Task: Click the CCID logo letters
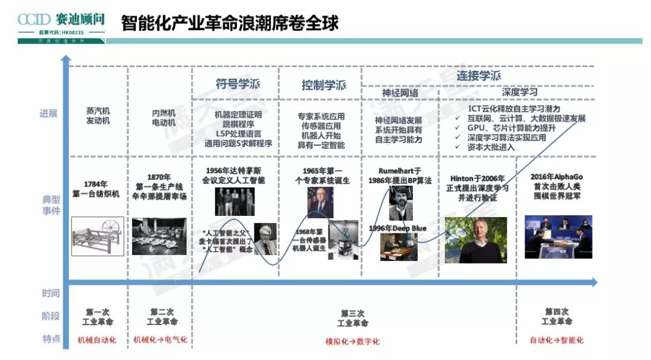click(36, 19)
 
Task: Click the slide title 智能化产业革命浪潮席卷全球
click(230, 23)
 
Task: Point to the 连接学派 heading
click(479, 76)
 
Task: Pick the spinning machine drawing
click(98, 236)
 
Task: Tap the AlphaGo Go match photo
click(558, 236)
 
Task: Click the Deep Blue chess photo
click(398, 247)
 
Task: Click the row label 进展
click(49, 113)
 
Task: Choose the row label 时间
click(51, 294)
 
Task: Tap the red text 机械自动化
click(97, 340)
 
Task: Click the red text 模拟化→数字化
click(353, 341)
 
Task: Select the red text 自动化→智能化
click(556, 340)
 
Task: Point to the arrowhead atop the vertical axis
click(66, 59)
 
